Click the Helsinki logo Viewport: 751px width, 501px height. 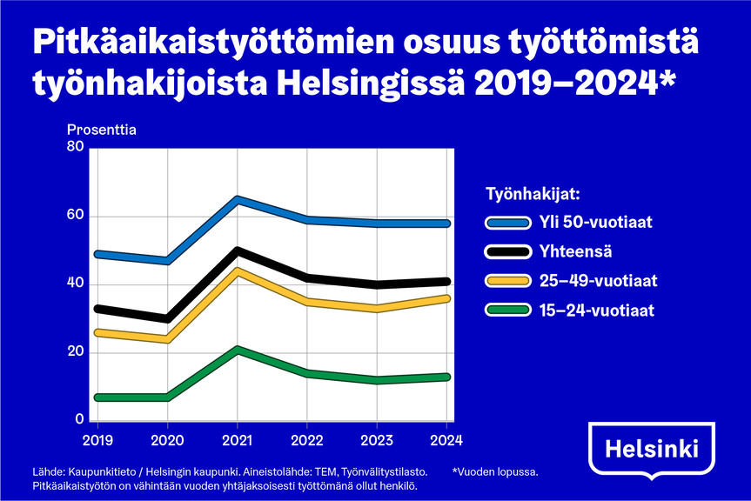[652, 449]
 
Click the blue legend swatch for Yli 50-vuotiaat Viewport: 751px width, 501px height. [507, 223]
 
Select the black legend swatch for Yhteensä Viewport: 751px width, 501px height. [507, 251]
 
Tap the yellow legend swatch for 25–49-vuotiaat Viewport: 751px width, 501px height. [507, 281]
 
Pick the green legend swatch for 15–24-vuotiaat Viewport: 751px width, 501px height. [507, 310]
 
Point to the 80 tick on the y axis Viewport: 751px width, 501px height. [75, 146]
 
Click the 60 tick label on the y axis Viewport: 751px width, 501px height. [75, 214]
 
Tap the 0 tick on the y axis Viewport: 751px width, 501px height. [79, 419]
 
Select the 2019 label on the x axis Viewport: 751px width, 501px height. [97, 440]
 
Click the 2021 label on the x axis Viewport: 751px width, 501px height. [237, 440]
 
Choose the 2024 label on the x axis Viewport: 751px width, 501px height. [446, 440]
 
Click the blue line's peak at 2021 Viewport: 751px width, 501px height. [237, 199]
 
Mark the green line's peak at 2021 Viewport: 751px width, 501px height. [237, 350]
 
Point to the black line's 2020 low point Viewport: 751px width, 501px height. [167, 318]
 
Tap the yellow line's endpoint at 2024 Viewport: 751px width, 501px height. [446, 298]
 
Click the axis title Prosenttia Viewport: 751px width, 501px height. [102, 130]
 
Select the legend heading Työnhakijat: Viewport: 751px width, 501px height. [533, 194]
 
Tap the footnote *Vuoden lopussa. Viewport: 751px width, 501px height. [495, 471]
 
